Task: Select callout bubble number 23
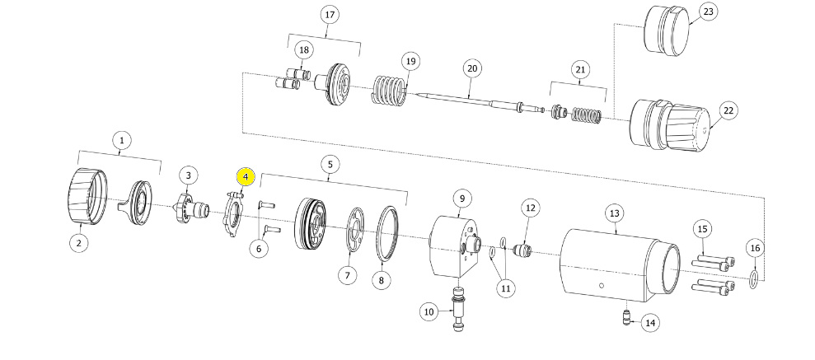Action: click(x=708, y=12)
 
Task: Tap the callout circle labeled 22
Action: click(x=728, y=110)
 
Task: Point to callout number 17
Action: click(x=331, y=15)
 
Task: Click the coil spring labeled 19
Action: click(x=389, y=90)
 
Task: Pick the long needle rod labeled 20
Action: click(x=470, y=98)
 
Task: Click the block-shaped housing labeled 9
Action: click(x=453, y=247)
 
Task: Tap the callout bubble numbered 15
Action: click(x=702, y=228)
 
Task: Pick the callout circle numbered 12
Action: click(x=529, y=208)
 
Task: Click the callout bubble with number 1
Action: click(x=121, y=140)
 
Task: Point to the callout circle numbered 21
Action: click(x=580, y=70)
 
